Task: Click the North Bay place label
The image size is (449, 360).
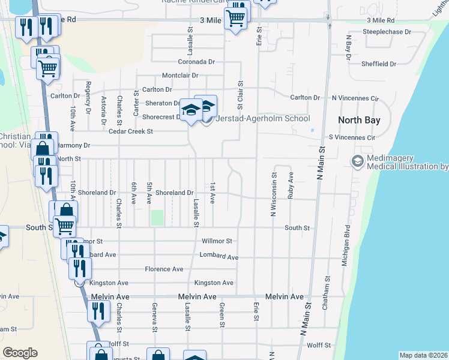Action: coord(359,120)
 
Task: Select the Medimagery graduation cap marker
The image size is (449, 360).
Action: coord(357,161)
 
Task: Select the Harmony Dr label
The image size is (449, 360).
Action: coord(73,145)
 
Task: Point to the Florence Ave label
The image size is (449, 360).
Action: coord(163,269)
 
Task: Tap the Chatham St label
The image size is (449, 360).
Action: coord(328,292)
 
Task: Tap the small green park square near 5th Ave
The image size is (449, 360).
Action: coord(157,218)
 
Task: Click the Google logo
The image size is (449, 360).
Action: coord(20,353)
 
